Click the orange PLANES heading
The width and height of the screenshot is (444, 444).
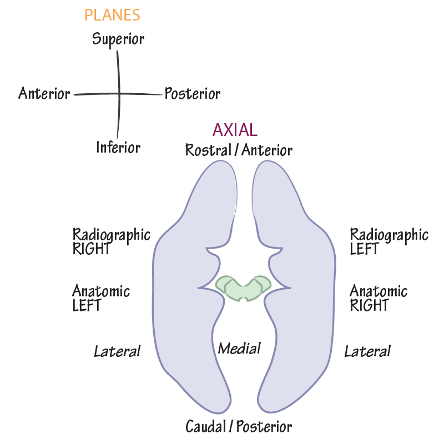pyautogui.click(x=112, y=14)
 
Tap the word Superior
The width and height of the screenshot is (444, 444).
pyautogui.click(x=118, y=39)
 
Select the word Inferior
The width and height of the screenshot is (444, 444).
pyautogui.click(x=118, y=147)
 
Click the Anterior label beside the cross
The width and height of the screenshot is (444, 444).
pyautogui.click(x=44, y=93)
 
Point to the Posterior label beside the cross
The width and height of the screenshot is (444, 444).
pyautogui.click(x=192, y=94)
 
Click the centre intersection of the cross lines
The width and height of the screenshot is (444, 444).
pyautogui.click(x=118, y=94)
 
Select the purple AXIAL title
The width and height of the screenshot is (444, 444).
pyautogui.click(x=235, y=130)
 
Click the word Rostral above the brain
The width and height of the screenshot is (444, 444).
pyautogui.click(x=206, y=150)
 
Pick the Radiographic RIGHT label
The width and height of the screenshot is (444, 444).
pyautogui.click(x=111, y=241)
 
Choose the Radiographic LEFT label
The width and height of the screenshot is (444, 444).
pyautogui.click(x=389, y=241)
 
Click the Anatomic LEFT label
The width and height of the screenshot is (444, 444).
pyautogui.click(x=101, y=298)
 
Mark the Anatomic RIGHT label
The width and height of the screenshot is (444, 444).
pyautogui.click(x=379, y=298)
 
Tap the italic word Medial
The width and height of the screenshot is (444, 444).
pyautogui.click(x=239, y=349)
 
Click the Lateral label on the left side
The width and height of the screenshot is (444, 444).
pyautogui.click(x=117, y=351)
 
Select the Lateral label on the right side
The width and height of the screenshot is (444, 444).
pyautogui.click(x=367, y=351)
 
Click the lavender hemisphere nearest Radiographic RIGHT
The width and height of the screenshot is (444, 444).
pyautogui.click(x=183, y=294)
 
